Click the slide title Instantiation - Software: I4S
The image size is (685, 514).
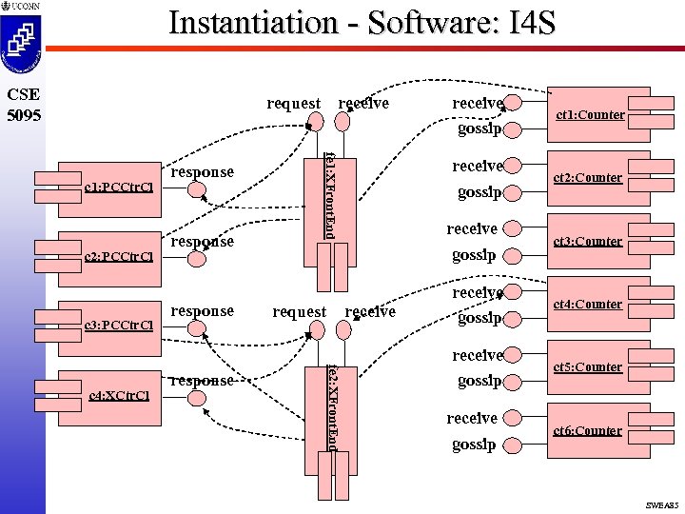362,23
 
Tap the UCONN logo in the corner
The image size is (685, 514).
22,7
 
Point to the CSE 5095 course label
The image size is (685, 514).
22,104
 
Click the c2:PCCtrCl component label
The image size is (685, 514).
119,256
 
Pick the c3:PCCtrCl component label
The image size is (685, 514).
119,326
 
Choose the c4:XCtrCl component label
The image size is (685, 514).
119,395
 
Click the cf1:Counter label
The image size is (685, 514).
590,115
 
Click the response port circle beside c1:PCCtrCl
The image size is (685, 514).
196,188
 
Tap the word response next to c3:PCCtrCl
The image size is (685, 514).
202,310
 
